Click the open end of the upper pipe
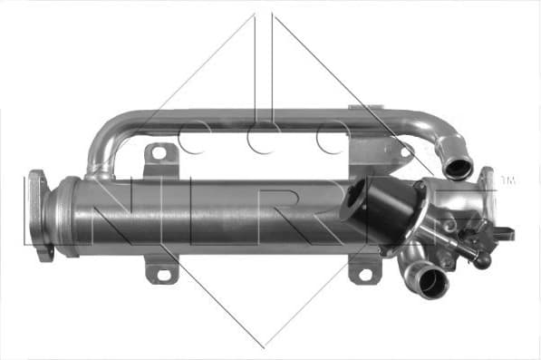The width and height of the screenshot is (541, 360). point(459,168)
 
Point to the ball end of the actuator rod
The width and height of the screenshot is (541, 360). point(483,263)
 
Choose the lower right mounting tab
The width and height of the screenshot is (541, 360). point(364,271)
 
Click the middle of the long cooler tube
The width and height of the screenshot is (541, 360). point(208,218)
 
